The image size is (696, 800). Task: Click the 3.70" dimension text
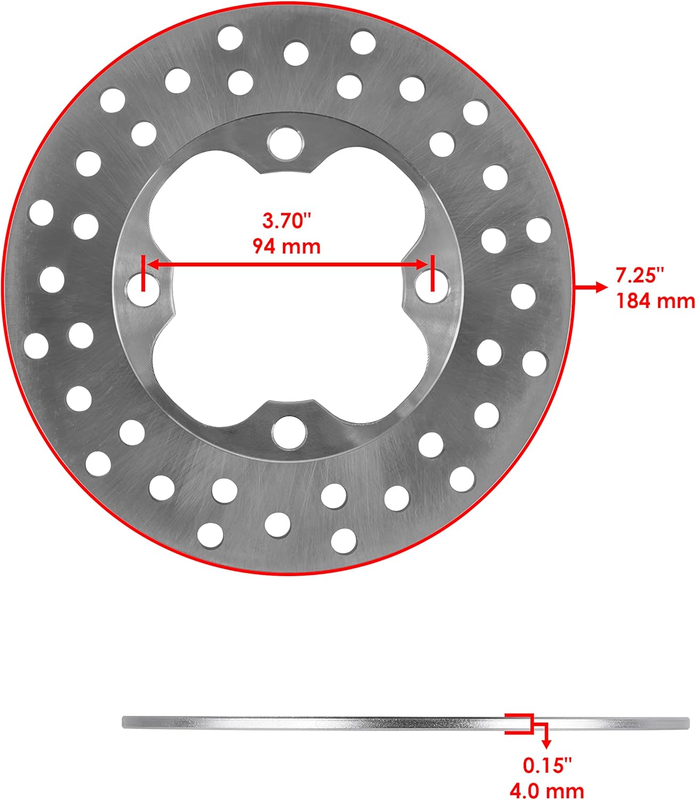point(287,220)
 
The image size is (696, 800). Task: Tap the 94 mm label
point(287,246)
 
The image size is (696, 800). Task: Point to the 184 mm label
point(655,301)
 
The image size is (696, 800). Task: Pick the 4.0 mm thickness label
point(547,790)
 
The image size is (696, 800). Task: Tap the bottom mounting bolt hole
point(288,430)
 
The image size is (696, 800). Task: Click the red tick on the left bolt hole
point(143,273)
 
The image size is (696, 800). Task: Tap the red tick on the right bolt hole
point(432,273)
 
